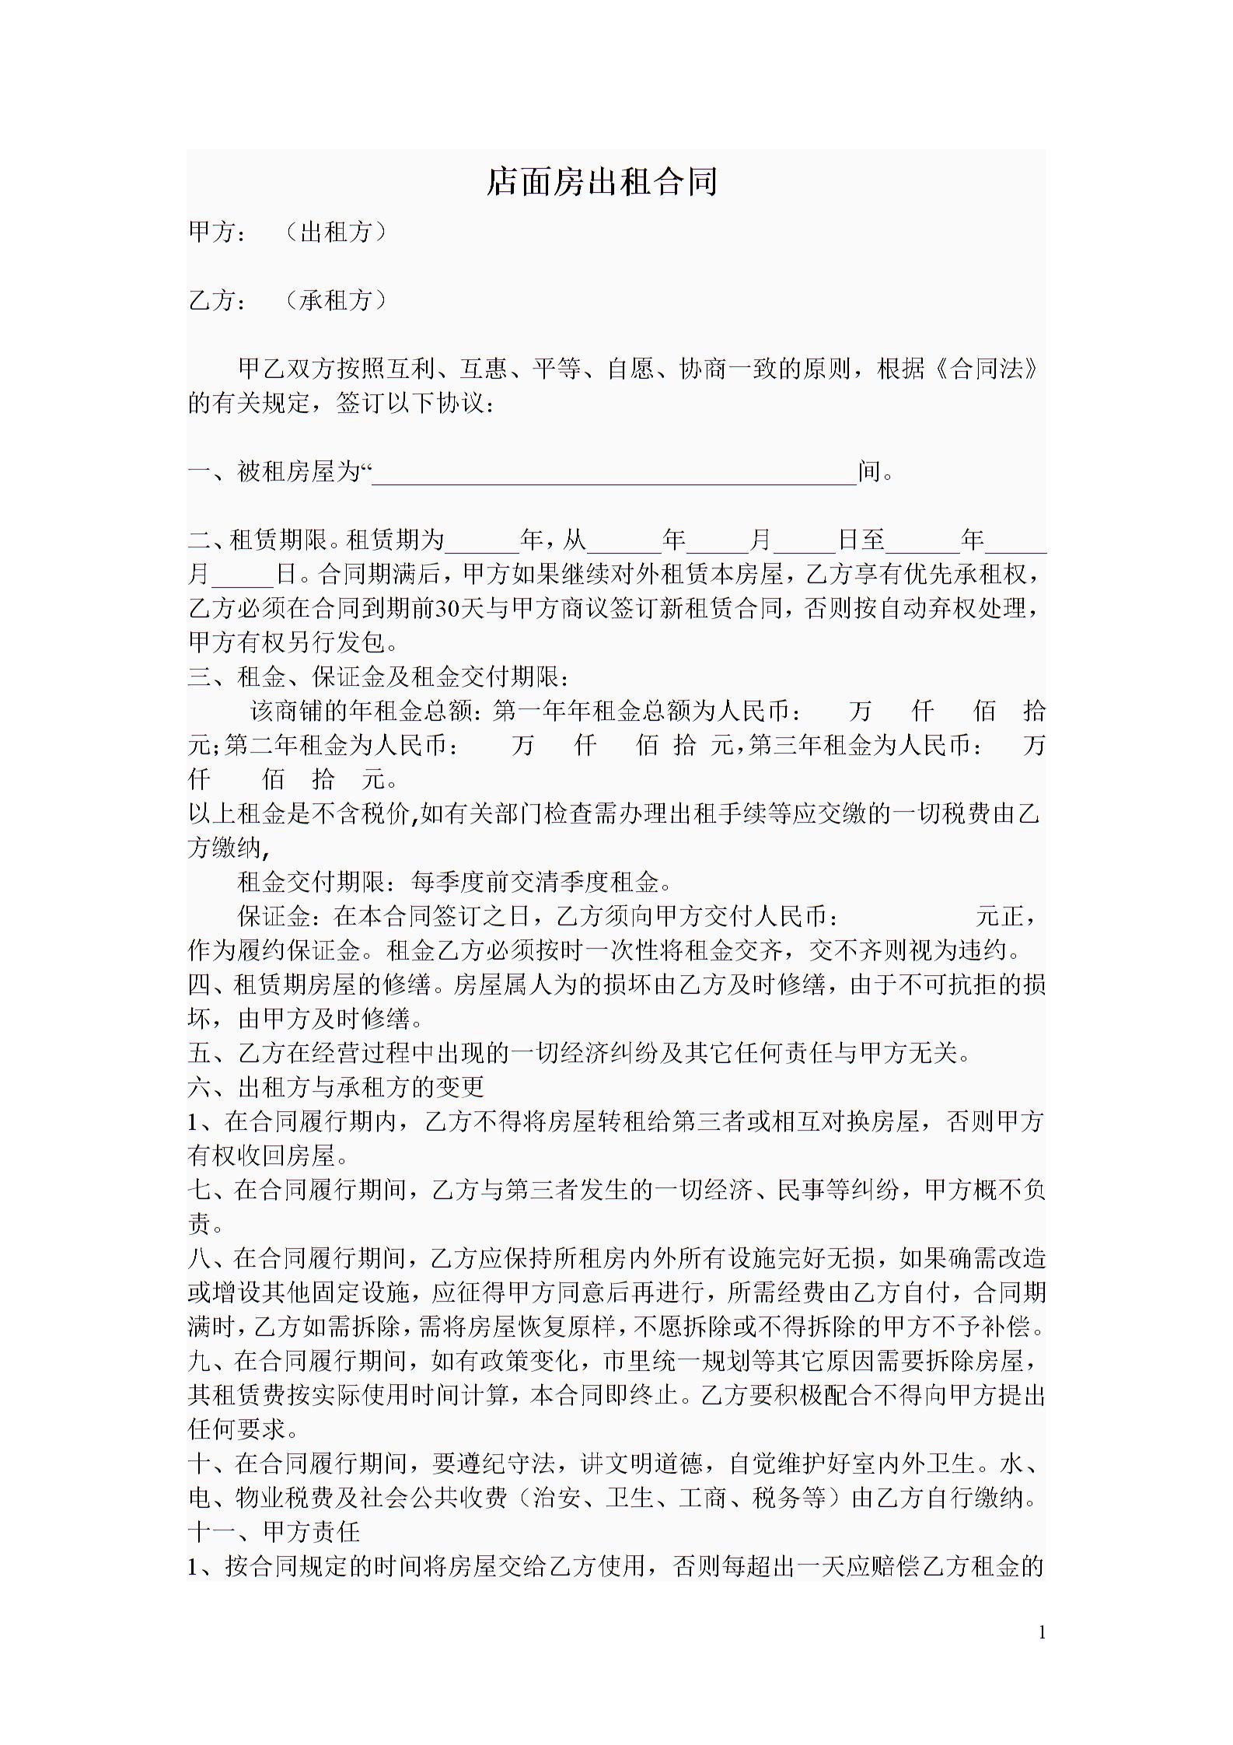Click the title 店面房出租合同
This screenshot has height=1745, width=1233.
pyautogui.click(x=602, y=182)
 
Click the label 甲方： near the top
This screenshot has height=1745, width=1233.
pyautogui.click(x=218, y=232)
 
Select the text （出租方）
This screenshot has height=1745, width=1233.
pyautogui.click(x=335, y=232)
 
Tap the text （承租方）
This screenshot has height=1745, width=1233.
pyautogui.click(x=335, y=300)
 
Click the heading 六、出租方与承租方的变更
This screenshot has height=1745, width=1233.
pyautogui.click(x=336, y=1086)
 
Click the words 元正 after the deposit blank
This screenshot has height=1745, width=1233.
pyautogui.click(x=1000, y=916)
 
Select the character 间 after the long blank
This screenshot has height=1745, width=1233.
pyautogui.click(x=870, y=471)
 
